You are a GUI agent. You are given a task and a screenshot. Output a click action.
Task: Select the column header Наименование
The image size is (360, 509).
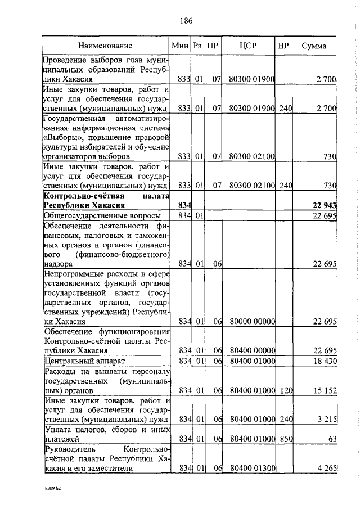click(x=105, y=45)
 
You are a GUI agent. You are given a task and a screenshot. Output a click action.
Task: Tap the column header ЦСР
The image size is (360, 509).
click(x=247, y=45)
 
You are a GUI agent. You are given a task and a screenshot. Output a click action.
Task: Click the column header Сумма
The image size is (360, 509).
click(x=314, y=45)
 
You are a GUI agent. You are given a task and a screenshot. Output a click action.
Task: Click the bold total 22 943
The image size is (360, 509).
click(x=323, y=205)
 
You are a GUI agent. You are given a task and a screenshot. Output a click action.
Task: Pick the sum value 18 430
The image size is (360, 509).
click(x=325, y=360)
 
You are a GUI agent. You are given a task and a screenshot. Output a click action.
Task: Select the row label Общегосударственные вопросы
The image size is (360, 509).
click(x=102, y=215)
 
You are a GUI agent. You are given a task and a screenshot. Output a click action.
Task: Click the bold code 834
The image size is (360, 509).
click(x=185, y=205)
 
